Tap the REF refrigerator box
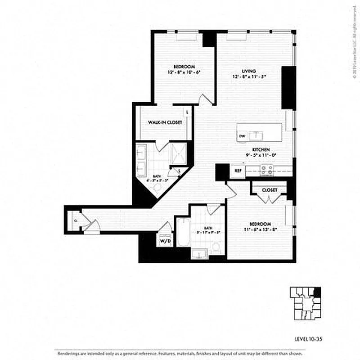click(x=237, y=171)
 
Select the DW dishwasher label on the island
click(x=242, y=136)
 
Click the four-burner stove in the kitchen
click(x=265, y=170)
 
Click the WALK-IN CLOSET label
click(x=162, y=122)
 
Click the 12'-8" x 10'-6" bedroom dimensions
click(x=184, y=72)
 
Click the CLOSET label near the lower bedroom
click(x=269, y=190)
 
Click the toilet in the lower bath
click(x=216, y=247)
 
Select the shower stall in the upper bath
click(x=179, y=155)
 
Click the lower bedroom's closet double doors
click(x=269, y=198)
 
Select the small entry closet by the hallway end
click(x=76, y=220)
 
